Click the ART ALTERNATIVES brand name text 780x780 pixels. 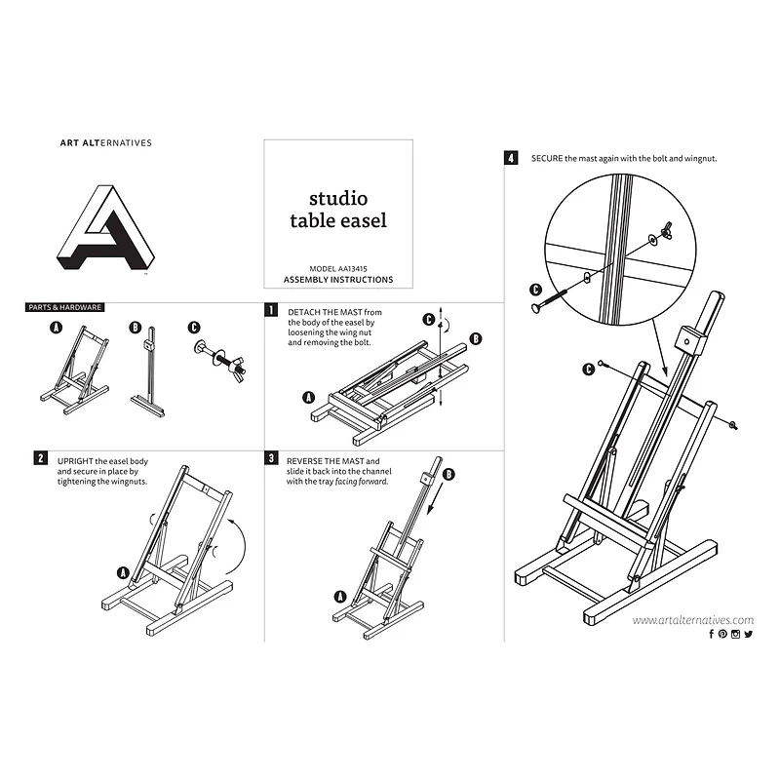(x=105, y=142)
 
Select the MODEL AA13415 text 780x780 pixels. (x=337, y=268)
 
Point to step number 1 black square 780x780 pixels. (x=270, y=310)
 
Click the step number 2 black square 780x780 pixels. (x=40, y=457)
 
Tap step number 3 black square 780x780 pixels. (x=270, y=457)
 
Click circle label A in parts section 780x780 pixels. (x=57, y=329)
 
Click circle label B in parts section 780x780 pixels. (x=136, y=328)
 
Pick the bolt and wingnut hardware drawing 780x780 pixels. (x=216, y=353)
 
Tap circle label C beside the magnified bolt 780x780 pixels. (x=534, y=289)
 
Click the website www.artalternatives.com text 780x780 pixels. (x=692, y=620)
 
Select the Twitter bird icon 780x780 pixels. (x=748, y=635)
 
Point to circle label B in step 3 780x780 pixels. (x=449, y=475)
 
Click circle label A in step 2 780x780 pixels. (x=124, y=572)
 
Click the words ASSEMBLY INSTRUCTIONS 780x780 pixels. (x=337, y=280)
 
